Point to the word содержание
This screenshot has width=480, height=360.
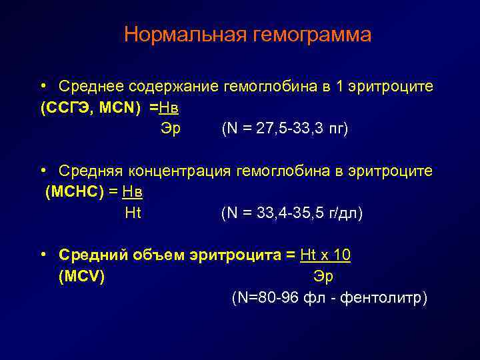coord(173,87)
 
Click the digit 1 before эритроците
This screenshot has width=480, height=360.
coord(339,87)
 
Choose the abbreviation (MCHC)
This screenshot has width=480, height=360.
coord(73,192)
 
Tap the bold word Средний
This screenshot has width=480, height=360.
coord(92,255)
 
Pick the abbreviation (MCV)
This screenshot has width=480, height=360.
coord(81,277)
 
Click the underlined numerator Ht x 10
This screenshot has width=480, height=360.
coord(327,255)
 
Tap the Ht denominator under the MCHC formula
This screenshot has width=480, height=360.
coord(133,213)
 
